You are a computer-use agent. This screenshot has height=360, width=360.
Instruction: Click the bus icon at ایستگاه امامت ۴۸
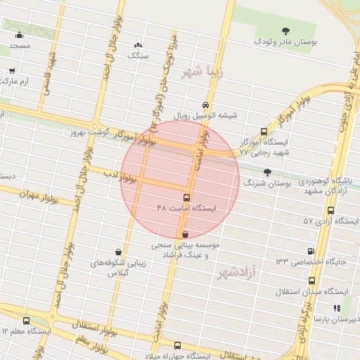pyautogui.click(x=186, y=198)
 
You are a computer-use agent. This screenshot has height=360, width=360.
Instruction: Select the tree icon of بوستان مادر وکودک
pyautogui.click(x=285, y=30)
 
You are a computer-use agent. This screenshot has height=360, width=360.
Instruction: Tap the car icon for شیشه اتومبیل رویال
pyautogui.click(x=205, y=102)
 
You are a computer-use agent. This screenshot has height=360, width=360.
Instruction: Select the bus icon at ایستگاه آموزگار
pyautogui.click(x=264, y=131)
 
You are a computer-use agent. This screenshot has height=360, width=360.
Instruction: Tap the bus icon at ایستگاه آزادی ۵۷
pyautogui.click(x=331, y=210)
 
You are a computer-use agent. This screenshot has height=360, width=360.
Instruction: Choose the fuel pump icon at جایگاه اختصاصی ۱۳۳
pyautogui.click(x=311, y=251)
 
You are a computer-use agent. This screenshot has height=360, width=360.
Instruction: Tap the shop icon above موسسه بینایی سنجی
pyautogui.click(x=185, y=235)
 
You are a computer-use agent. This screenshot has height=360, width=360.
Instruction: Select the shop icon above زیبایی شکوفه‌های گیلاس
pyautogui.click(x=117, y=252)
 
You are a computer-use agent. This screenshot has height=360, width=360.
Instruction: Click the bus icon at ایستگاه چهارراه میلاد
pyautogui.click(x=177, y=345)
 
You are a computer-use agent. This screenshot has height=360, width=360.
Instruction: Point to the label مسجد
pyautogui.click(x=20, y=46)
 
